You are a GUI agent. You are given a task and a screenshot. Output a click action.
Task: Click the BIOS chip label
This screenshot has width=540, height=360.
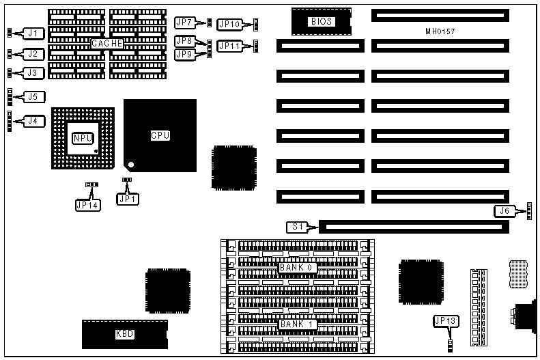[321, 22]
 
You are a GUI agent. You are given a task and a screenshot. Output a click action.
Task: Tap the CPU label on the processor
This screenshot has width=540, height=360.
[160, 135]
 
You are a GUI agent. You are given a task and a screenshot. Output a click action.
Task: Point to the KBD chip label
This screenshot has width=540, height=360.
[124, 335]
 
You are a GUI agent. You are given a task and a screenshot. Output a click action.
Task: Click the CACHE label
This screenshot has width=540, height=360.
[107, 43]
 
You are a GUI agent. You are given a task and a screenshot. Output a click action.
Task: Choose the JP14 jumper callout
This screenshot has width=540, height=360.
[88, 203]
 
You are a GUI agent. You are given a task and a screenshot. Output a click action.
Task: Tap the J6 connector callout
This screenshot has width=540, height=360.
[506, 211]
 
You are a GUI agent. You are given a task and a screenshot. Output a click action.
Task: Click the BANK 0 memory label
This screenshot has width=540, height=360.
[296, 268]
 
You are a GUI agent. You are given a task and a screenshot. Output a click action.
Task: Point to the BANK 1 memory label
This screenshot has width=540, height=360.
[296, 324]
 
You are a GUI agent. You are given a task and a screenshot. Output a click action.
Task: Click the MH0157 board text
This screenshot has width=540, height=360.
[440, 32]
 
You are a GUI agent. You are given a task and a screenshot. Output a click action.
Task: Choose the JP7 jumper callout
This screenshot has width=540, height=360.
[184, 23]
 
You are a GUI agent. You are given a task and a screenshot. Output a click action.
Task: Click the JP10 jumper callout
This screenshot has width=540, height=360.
[229, 25]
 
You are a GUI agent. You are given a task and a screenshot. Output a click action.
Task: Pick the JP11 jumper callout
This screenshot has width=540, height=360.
[229, 46]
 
